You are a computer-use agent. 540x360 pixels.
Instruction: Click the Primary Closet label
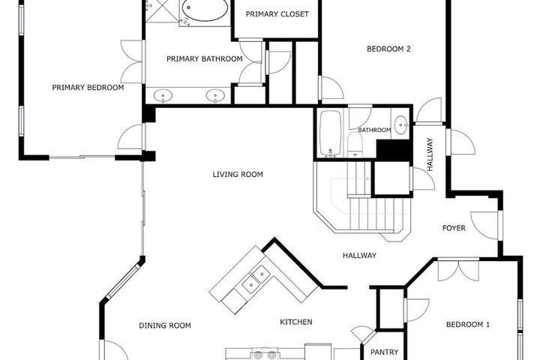tap(277, 14)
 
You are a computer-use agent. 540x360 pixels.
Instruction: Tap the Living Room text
tap(238, 174)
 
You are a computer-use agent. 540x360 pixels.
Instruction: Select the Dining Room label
tap(164, 325)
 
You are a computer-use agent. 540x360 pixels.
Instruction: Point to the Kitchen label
tap(295, 322)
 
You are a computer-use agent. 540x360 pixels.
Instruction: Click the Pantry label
tap(384, 352)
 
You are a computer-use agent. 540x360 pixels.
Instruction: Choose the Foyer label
tap(454, 228)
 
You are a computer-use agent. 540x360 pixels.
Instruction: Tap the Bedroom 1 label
tap(468, 325)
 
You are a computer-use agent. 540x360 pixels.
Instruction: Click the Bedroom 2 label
tap(388, 49)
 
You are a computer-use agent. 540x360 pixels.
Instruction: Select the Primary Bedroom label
tap(88, 88)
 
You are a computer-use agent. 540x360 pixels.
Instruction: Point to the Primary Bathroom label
tap(205, 59)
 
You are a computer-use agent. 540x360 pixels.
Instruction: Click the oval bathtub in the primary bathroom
tap(205, 10)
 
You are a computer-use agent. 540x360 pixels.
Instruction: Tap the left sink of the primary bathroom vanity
tap(163, 96)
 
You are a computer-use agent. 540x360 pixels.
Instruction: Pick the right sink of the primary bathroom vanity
tap(215, 96)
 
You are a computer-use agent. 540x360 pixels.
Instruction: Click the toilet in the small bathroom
tap(355, 144)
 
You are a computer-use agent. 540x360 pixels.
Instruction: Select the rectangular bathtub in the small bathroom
tap(330, 133)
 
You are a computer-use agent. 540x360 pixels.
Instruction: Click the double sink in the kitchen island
tap(255, 279)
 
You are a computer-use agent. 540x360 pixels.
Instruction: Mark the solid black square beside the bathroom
tap(394, 150)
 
